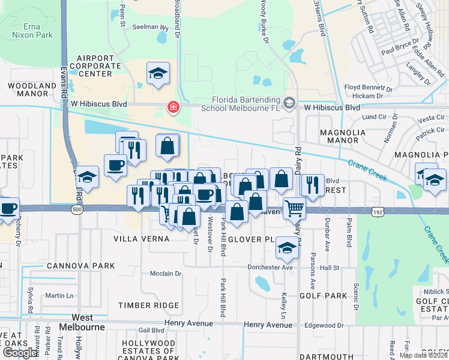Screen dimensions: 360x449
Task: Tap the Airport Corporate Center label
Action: pos(91,66)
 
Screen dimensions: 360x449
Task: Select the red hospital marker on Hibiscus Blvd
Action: pos(173,107)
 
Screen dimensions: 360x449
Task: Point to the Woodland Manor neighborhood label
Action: pos(32,90)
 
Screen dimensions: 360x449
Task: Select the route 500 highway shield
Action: pos(76,210)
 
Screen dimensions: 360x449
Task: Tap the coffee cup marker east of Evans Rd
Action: pos(115,164)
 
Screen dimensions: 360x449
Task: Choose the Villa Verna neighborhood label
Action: pos(142,238)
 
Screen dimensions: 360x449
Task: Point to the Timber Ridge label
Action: pos(149,305)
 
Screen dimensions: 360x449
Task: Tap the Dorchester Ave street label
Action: pos(271,267)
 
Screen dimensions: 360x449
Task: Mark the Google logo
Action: pos(20,353)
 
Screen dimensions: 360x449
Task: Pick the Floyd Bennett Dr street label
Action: pos(367,88)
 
